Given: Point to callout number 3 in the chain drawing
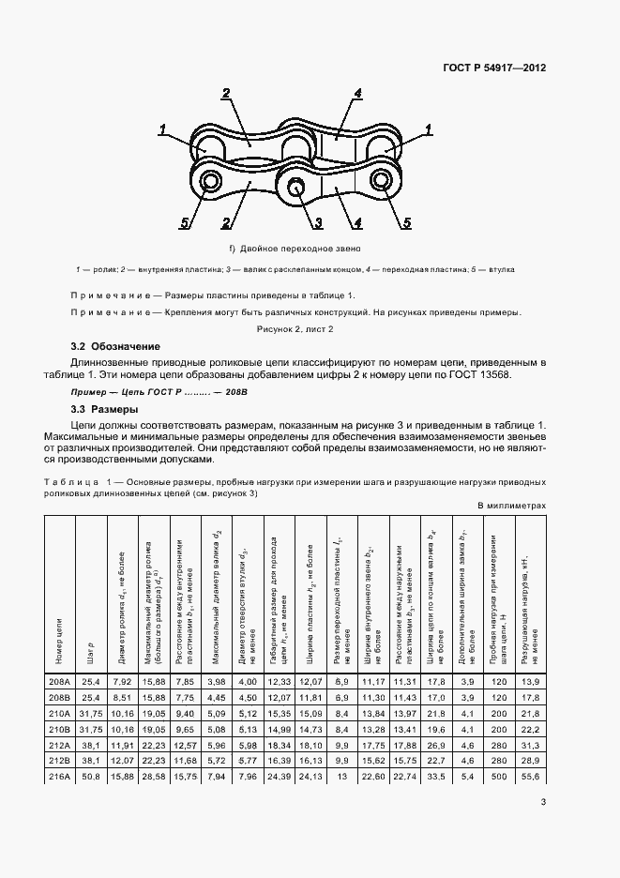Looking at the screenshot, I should [x=319, y=222].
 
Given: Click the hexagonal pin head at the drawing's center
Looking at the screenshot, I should [x=297, y=187].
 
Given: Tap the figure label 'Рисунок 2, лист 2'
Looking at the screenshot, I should [x=295, y=330].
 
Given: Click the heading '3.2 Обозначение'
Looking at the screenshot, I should [x=116, y=347].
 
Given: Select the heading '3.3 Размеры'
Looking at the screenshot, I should [x=104, y=410].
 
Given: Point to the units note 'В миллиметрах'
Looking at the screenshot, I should [x=511, y=505].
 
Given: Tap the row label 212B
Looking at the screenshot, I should [x=59, y=760].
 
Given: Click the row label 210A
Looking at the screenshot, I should [x=59, y=715].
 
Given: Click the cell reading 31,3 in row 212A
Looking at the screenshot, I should [x=528, y=745].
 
